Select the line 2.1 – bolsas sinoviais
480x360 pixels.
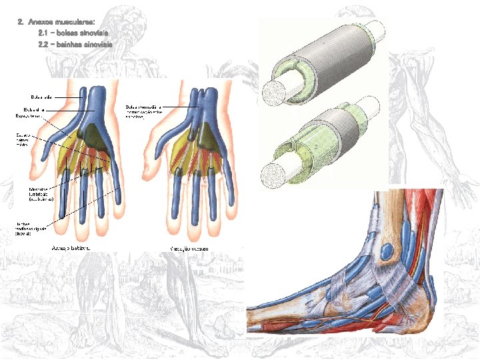click(x=73, y=33)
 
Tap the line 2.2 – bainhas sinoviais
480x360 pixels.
click(x=75, y=44)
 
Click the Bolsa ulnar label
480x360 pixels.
click(x=33, y=109)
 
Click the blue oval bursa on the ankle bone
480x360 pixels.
click(x=387, y=253)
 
